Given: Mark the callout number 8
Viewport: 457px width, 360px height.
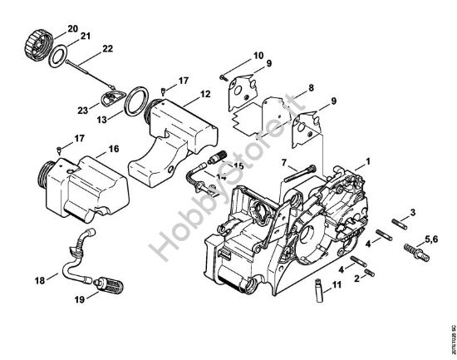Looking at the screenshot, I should [x=310, y=87].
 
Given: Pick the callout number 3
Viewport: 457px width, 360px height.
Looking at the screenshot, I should [x=414, y=214].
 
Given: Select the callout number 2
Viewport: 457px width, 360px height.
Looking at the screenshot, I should [x=358, y=278].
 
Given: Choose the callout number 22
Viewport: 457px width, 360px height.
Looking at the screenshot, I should [x=107, y=50].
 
